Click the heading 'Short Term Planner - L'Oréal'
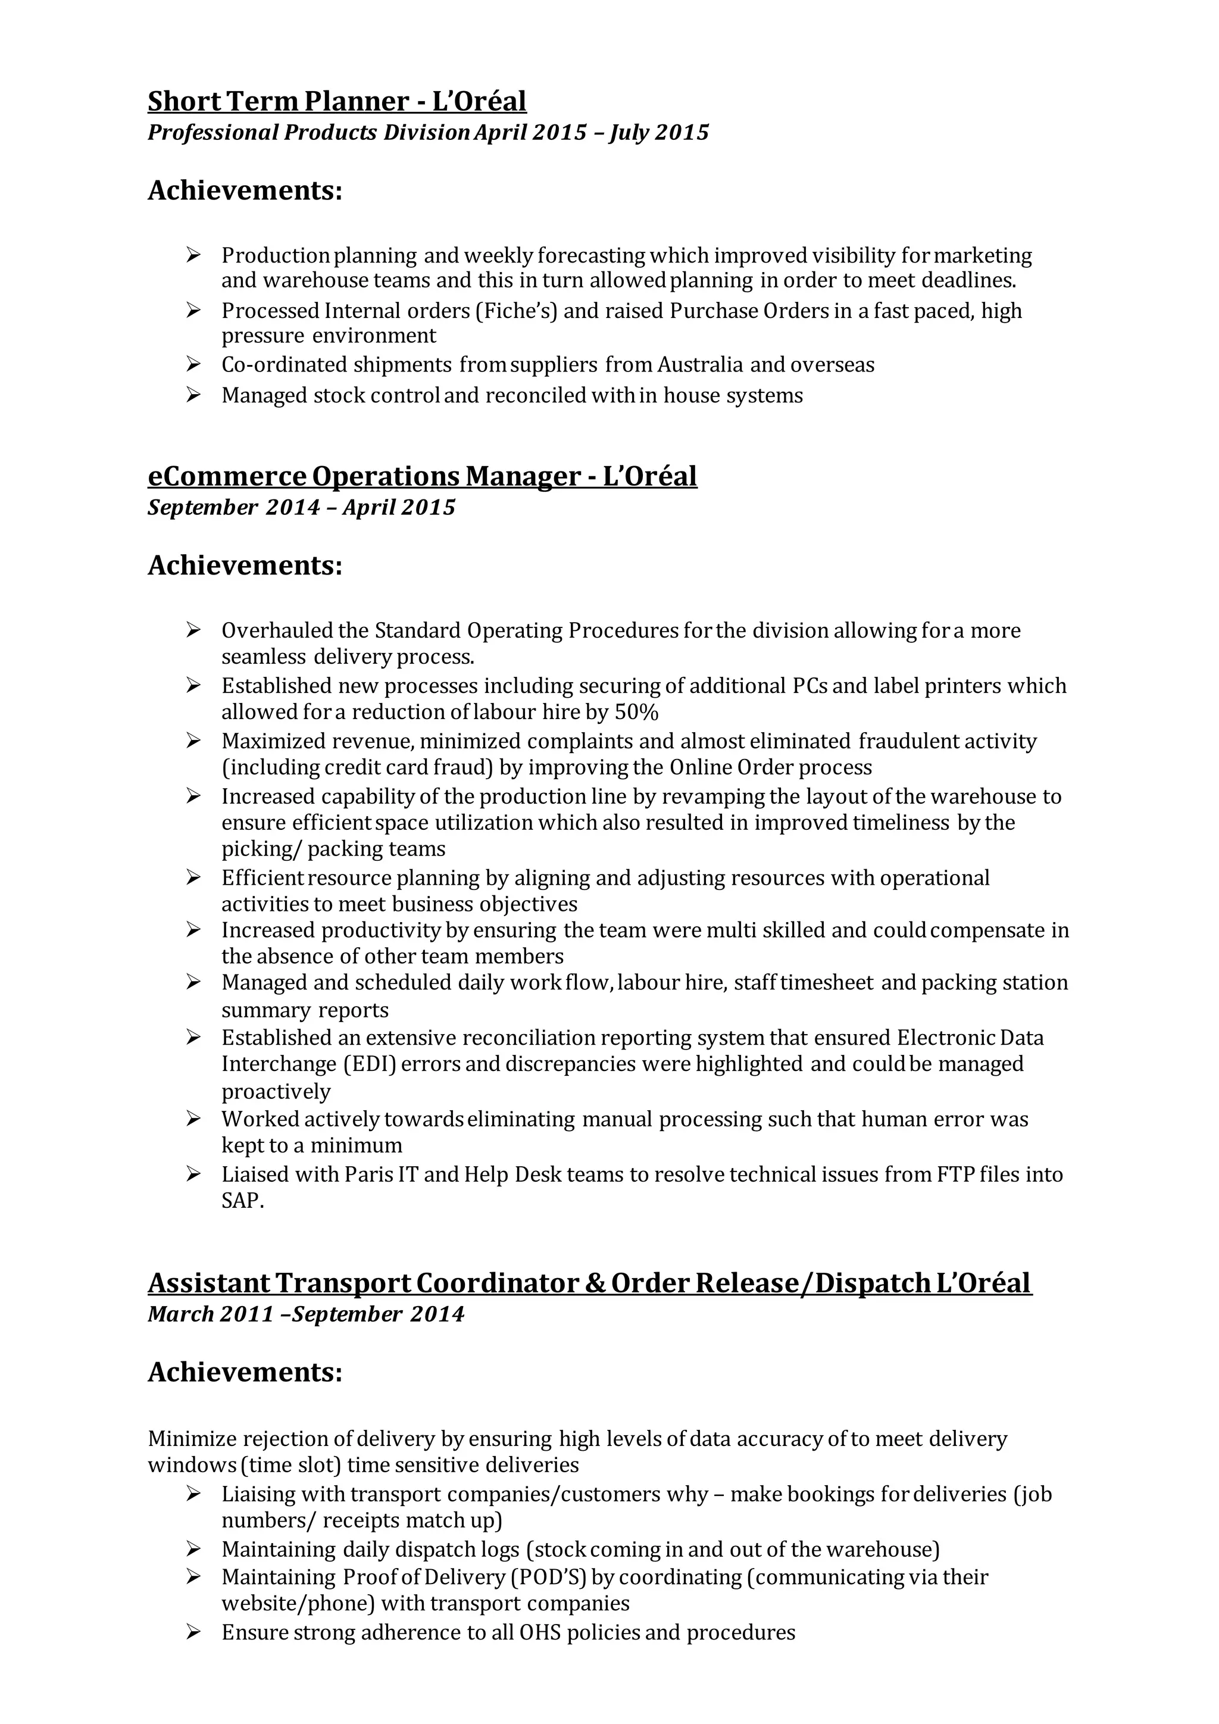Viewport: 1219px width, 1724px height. point(337,101)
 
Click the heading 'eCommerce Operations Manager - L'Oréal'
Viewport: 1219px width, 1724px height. point(422,476)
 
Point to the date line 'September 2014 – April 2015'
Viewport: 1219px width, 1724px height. point(301,508)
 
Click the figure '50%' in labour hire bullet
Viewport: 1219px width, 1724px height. point(636,712)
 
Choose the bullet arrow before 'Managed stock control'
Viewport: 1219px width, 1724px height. point(193,395)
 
